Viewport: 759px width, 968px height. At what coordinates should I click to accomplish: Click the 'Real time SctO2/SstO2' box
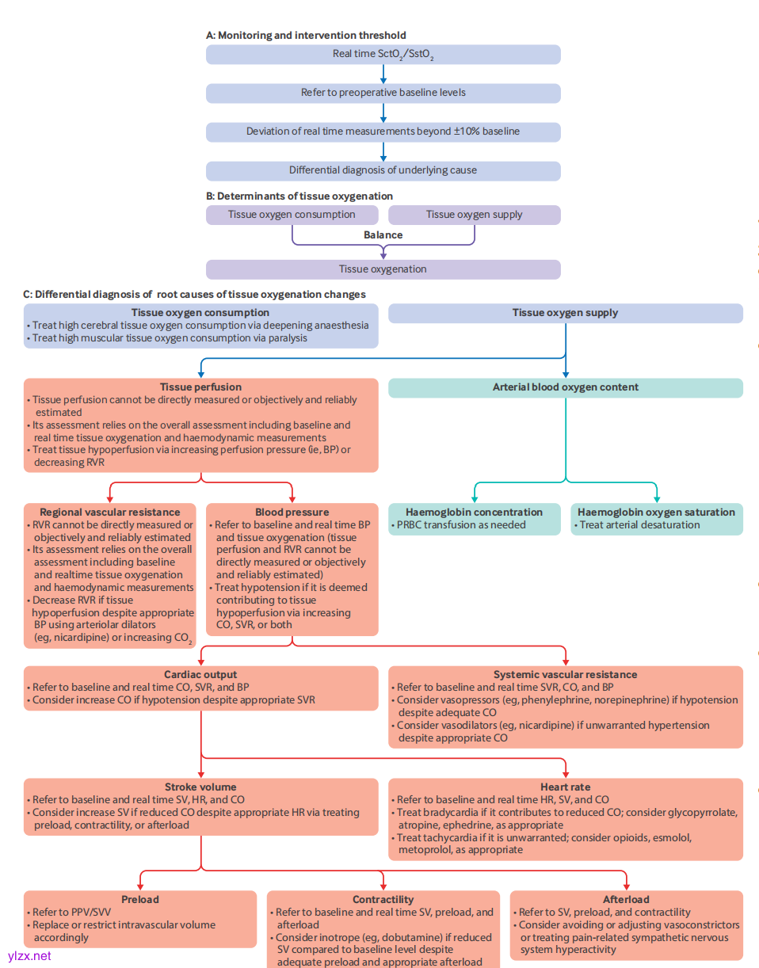[383, 55]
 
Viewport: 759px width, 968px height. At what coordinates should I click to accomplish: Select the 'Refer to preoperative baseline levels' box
[383, 93]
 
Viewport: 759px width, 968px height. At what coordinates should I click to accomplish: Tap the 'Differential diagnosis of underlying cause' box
[383, 170]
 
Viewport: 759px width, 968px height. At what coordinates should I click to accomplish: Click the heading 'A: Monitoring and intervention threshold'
[306, 35]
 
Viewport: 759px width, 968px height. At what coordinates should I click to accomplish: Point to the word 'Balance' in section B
[383, 234]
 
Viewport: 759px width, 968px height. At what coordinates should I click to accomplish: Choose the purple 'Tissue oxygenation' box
[383, 269]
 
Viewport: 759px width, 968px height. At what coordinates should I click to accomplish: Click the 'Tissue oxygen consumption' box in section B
[292, 215]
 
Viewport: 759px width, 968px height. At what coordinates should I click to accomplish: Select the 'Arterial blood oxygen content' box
[565, 387]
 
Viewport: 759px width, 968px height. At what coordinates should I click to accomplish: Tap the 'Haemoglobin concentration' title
[474, 513]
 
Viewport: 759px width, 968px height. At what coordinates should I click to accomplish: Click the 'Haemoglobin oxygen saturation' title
[656, 513]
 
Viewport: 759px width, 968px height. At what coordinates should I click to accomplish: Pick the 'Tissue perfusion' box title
[200, 387]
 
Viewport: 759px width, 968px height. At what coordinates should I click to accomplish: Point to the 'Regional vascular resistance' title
[110, 513]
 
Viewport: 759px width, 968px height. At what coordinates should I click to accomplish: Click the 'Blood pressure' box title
[292, 513]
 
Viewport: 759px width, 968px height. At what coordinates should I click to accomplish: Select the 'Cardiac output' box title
[200, 675]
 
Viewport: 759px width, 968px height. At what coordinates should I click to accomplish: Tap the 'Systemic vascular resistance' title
[565, 675]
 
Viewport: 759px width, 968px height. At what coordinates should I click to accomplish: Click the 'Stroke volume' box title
[200, 787]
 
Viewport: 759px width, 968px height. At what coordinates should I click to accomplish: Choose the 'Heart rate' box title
[565, 787]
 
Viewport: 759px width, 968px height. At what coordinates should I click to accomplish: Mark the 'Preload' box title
[140, 900]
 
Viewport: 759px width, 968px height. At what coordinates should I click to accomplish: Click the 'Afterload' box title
[626, 900]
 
